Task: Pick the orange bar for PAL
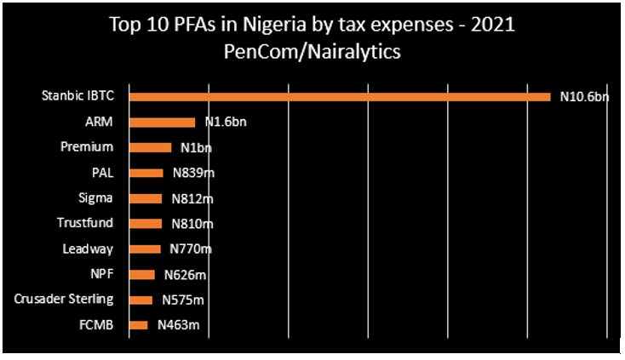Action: coord(145,173)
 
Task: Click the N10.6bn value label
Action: coord(584,98)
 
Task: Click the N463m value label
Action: coord(179,325)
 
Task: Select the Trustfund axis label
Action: coord(85,224)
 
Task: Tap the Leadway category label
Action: coord(88,249)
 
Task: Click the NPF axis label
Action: coord(102,274)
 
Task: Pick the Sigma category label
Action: coord(95,198)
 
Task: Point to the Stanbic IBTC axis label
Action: coord(77,96)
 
